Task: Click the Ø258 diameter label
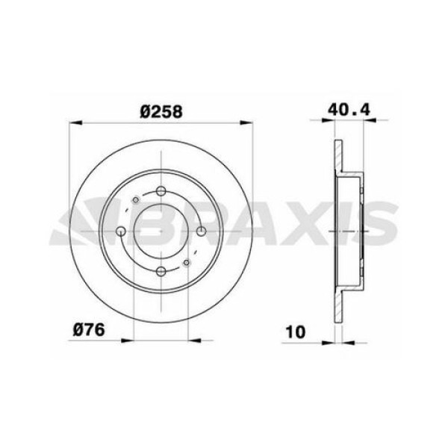click(161, 110)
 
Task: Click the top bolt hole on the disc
click(161, 193)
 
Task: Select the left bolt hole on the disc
click(121, 232)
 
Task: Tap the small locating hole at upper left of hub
click(134, 200)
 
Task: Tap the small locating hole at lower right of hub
click(187, 264)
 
